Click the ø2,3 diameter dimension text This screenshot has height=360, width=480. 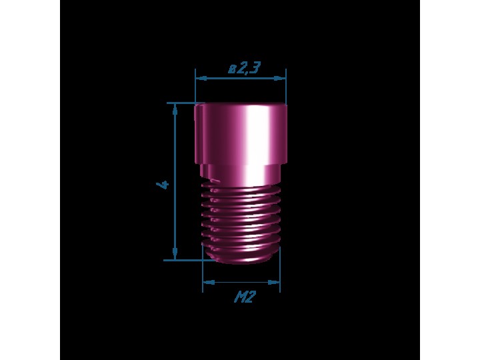(244, 68)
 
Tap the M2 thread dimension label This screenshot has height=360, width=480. (245, 297)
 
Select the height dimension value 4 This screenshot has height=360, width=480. (163, 185)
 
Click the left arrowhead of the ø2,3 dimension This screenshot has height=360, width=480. (201, 79)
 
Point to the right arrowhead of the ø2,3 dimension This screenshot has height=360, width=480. (280, 79)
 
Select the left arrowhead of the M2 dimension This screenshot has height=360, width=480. (209, 282)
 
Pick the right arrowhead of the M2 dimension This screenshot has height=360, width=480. (274, 282)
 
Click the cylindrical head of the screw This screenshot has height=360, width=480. (241, 134)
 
